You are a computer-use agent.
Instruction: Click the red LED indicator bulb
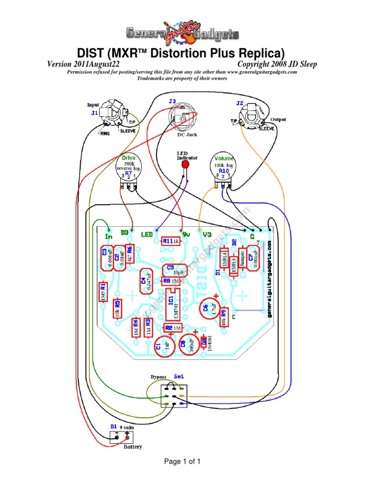pyautogui.click(x=186, y=163)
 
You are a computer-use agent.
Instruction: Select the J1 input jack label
pyautogui.click(x=95, y=113)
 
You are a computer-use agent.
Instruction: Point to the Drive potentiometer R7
pyautogui.click(x=129, y=170)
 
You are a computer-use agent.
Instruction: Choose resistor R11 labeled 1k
pyautogui.click(x=170, y=241)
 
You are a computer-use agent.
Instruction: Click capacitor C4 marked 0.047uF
pyautogui.click(x=147, y=282)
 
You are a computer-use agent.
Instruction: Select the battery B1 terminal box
pyautogui.click(x=122, y=437)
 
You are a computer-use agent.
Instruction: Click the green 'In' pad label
pyautogui.click(x=109, y=236)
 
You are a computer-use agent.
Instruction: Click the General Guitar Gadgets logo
pyautogui.click(x=182, y=33)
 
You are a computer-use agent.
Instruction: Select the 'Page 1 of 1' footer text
pyautogui.click(x=182, y=461)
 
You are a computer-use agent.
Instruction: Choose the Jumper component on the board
pyautogui.click(x=242, y=260)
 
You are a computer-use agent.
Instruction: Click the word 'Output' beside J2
pyautogui.click(x=278, y=120)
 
